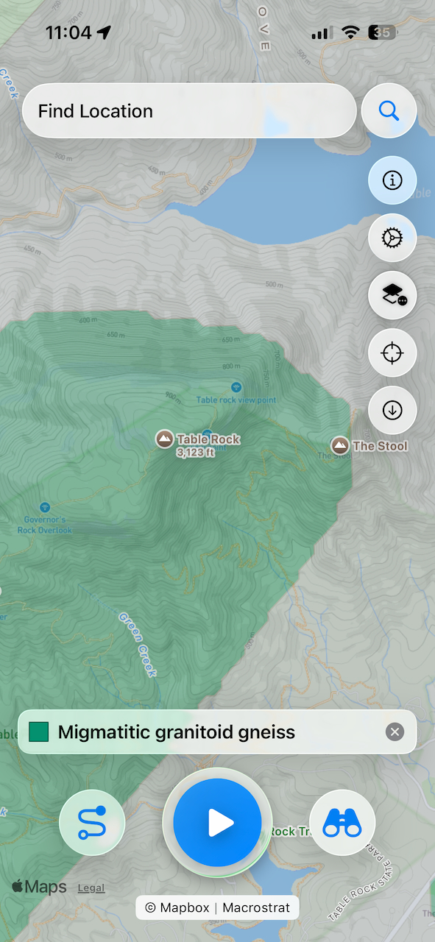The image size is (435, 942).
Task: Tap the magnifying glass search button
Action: click(x=389, y=111)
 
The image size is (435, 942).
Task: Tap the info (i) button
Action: click(x=392, y=180)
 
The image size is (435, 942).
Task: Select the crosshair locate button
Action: click(x=392, y=353)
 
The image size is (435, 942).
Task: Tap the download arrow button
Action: click(x=392, y=411)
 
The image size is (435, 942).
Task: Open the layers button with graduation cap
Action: click(x=392, y=295)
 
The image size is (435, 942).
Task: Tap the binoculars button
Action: click(x=342, y=822)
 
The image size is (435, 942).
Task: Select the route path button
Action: click(x=92, y=822)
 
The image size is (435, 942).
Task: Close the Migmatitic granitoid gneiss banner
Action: click(x=395, y=732)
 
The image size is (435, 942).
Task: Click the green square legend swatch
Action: click(x=39, y=732)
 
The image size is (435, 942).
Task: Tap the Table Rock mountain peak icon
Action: click(x=165, y=439)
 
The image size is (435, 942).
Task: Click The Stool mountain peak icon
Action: click(x=339, y=445)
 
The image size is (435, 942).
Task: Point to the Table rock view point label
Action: click(x=236, y=400)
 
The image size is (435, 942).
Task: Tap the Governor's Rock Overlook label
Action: click(x=45, y=524)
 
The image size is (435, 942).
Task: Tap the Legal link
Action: click(x=91, y=888)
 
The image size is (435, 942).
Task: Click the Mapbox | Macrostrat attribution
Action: click(x=217, y=907)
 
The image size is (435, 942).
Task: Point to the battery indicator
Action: click(x=382, y=32)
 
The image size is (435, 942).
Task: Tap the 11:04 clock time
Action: click(x=68, y=32)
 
